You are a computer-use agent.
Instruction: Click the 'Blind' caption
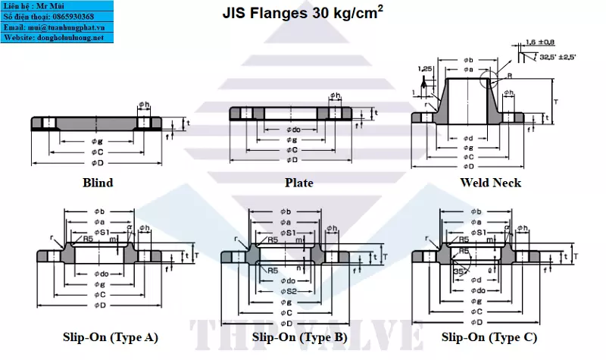pyautogui.click(x=98, y=183)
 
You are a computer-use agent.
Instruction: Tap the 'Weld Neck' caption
pyautogui.click(x=490, y=183)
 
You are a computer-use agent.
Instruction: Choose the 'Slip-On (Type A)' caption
pyautogui.click(x=111, y=337)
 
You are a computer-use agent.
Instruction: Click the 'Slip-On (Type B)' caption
pyautogui.click(x=300, y=337)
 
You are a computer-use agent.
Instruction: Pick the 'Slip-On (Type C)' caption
pyautogui.click(x=489, y=337)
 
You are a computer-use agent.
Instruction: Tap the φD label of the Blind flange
pyautogui.click(x=98, y=161)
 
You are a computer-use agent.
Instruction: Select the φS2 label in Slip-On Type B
pyautogui.click(x=288, y=292)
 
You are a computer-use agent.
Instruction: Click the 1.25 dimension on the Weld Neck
pyautogui.click(x=425, y=68)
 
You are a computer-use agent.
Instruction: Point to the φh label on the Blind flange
pyautogui.click(x=145, y=105)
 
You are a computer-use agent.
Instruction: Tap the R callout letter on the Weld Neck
pyautogui.click(x=509, y=76)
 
